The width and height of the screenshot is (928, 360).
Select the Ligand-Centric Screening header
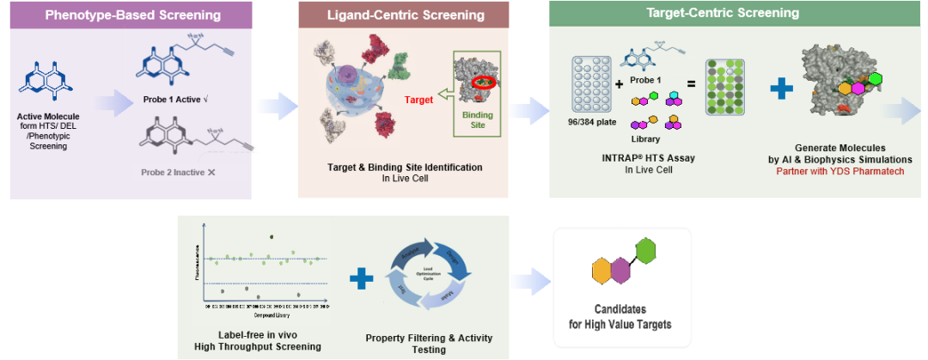[406, 15]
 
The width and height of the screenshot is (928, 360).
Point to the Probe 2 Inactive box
[190, 173]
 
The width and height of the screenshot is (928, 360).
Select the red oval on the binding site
[483, 83]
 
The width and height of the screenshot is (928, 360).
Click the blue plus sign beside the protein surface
[781, 88]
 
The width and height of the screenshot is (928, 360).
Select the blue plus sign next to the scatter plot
[362, 278]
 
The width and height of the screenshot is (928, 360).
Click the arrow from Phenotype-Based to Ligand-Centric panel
[275, 106]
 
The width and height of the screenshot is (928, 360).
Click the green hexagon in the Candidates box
[645, 253]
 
